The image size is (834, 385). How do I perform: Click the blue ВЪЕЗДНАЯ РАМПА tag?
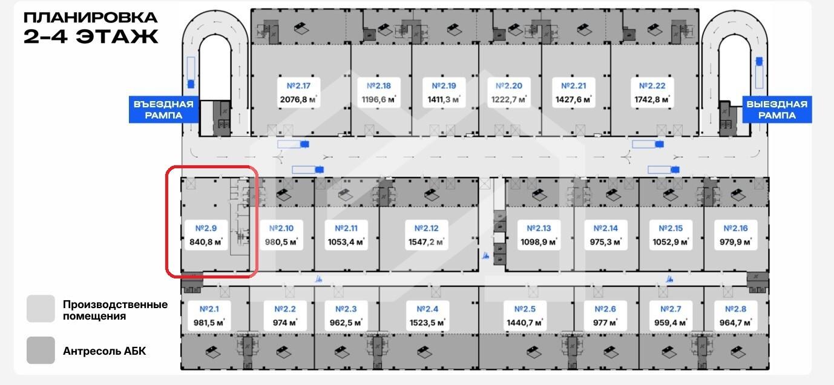point(163,110)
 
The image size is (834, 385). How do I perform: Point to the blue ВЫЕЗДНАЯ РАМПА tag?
point(777,110)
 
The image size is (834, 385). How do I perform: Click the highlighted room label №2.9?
point(206,228)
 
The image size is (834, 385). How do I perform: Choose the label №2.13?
point(539,228)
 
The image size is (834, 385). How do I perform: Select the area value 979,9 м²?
point(735,242)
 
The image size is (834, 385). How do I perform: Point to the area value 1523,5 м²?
point(427,323)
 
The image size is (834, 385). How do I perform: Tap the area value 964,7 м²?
point(735,323)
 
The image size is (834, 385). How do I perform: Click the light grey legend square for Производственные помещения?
point(41,309)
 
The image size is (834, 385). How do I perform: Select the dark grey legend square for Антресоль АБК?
point(41,350)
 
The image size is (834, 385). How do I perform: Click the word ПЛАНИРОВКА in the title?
point(91,17)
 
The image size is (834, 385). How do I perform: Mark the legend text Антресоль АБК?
point(104,351)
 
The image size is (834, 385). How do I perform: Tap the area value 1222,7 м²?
point(508,100)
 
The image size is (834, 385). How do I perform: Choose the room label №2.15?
point(670,228)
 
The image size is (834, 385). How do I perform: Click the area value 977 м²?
point(605,323)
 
